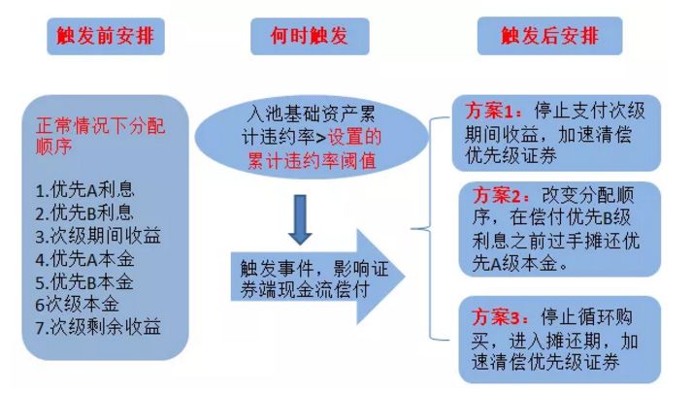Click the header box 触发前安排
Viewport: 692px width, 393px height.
pos(106,36)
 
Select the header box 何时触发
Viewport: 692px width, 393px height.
pos(310,36)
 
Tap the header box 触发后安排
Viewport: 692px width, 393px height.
pos(550,36)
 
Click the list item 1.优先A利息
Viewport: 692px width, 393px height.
pos(84,190)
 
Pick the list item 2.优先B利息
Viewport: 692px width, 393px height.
pos(84,213)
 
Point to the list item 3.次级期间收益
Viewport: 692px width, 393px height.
pos(98,236)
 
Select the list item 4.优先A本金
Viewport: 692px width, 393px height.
pos(84,259)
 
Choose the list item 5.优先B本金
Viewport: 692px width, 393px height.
pos(84,281)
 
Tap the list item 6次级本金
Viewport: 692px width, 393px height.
pos(78,305)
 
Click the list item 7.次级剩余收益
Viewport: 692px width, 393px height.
pos(98,327)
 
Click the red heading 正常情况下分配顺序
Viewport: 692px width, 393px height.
pos(101,136)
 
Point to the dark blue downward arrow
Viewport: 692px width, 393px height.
pos(300,219)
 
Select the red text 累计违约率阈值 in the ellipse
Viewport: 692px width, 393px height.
pos(312,160)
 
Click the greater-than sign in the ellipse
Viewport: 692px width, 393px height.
pos(321,138)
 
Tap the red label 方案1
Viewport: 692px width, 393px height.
pos(490,112)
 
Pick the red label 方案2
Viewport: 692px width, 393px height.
pos(497,195)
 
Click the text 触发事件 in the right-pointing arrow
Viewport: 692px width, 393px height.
pos(277,268)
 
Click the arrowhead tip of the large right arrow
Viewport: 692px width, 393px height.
pos(405,277)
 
